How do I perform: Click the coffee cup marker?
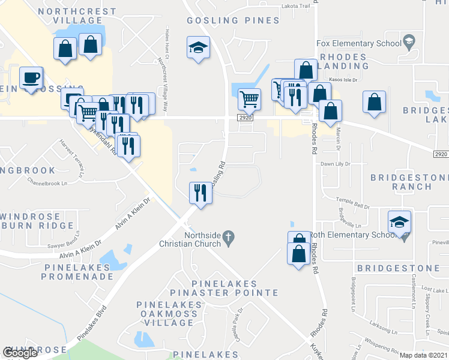tap(31, 78)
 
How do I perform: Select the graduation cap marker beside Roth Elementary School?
tap(399, 223)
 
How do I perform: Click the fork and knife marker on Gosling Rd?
tap(200, 193)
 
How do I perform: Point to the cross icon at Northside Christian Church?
tap(228, 238)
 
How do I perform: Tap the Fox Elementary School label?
tap(358, 43)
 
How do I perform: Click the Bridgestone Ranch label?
tap(409, 182)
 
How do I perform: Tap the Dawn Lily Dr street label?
tap(336, 164)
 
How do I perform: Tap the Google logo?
tap(20, 353)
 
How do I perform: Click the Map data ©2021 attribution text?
tap(424, 355)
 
